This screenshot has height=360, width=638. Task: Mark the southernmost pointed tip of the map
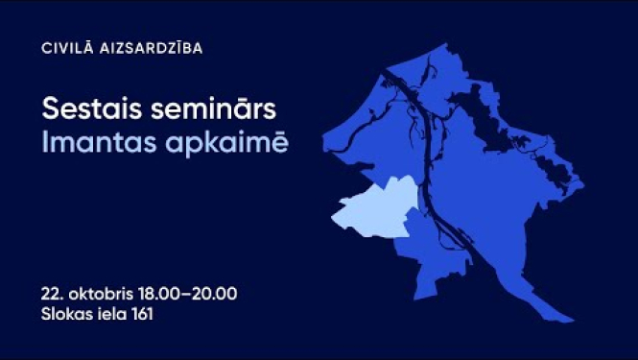coord(573,321)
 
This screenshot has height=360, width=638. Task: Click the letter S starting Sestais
coord(47,108)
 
